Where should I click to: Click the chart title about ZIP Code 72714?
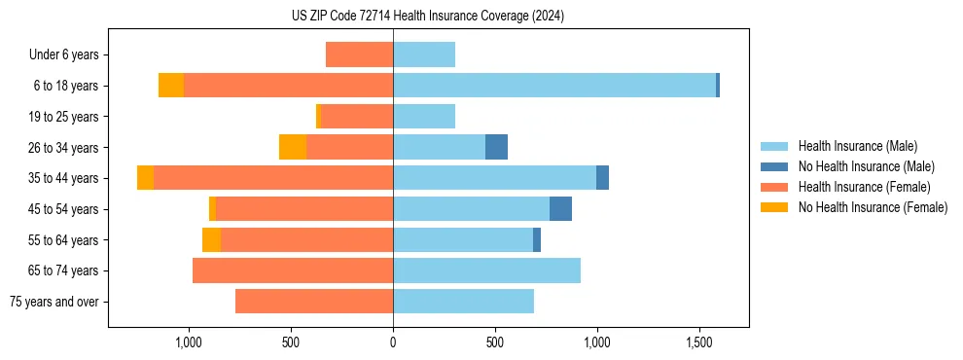click(x=427, y=17)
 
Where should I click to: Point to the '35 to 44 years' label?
click(x=63, y=178)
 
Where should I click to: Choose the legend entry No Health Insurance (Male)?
click(x=865, y=166)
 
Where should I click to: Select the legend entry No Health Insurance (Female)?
click(x=872, y=207)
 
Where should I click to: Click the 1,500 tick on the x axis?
click(x=699, y=342)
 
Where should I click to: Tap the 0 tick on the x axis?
click(x=393, y=342)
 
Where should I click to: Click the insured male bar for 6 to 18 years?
click(x=554, y=86)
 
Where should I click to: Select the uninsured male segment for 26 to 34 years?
click(x=496, y=147)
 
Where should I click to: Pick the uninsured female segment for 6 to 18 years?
click(x=171, y=86)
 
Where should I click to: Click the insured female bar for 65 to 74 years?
click(x=293, y=270)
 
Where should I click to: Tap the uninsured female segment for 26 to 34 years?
click(x=293, y=147)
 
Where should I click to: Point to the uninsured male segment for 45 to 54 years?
click(x=560, y=209)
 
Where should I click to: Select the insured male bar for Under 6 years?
click(x=424, y=54)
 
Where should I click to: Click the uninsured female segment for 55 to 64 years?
click(x=211, y=240)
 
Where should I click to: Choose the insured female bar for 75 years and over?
click(x=314, y=302)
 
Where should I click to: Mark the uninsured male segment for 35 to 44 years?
click(x=602, y=178)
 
